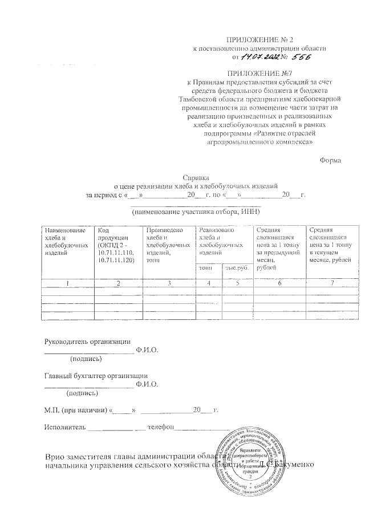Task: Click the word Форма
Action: click(330, 161)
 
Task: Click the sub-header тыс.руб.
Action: click(236, 267)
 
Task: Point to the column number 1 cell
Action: click(67, 283)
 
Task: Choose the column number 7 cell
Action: click(331, 283)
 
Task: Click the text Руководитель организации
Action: click(84, 341)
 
